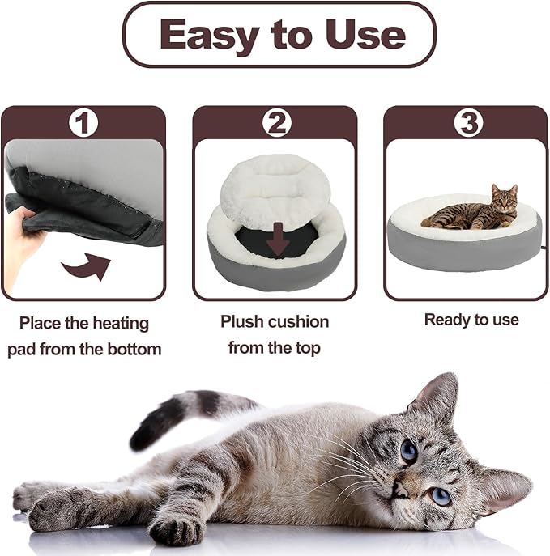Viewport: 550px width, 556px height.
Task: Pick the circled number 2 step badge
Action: coord(276,124)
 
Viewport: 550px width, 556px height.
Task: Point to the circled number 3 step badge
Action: coord(467,124)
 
